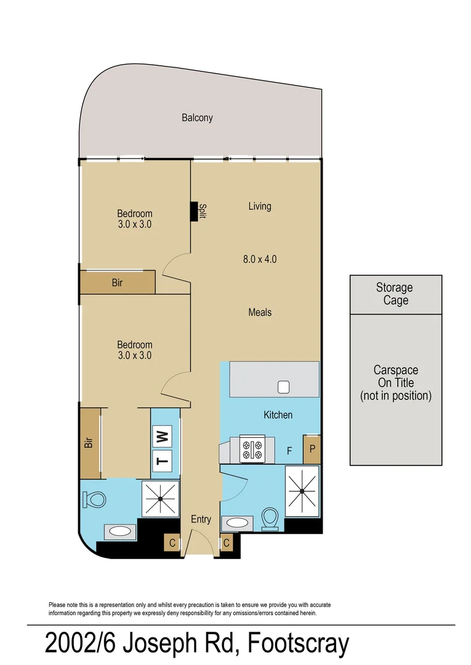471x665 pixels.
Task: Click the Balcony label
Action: [x=197, y=118]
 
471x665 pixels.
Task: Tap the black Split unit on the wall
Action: [x=194, y=211]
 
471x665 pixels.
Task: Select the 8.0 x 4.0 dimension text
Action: [x=259, y=259]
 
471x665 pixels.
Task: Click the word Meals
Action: [x=259, y=312]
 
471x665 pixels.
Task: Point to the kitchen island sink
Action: [x=284, y=387]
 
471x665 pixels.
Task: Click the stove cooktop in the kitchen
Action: [x=252, y=449]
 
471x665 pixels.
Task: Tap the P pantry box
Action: [x=312, y=449]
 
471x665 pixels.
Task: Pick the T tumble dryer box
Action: [x=163, y=459]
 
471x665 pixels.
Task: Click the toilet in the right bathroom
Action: [x=270, y=518]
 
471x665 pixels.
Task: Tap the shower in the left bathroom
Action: [x=161, y=498]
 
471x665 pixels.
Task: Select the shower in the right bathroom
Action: [x=302, y=491]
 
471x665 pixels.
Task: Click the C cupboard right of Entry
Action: [x=227, y=543]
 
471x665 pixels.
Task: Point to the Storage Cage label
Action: [x=395, y=294]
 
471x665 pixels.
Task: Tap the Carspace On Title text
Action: [x=395, y=383]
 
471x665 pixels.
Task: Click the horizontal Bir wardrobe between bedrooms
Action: [x=117, y=283]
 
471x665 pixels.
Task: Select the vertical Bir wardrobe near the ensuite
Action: [x=89, y=442]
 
